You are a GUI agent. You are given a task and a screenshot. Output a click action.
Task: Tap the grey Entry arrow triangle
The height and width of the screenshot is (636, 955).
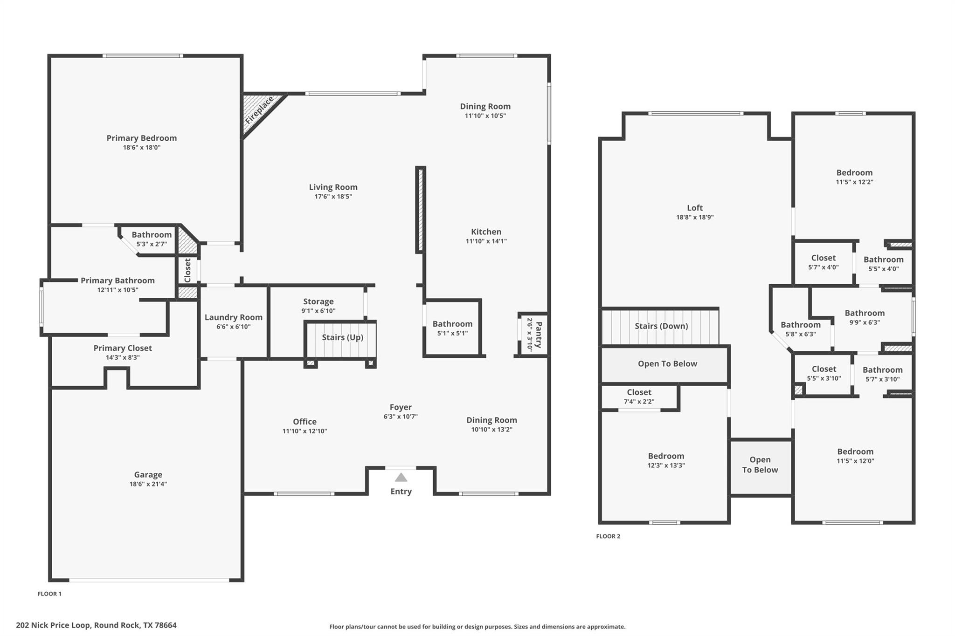click(x=401, y=478)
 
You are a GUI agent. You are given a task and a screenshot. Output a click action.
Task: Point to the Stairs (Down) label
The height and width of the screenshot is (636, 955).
click(x=661, y=326)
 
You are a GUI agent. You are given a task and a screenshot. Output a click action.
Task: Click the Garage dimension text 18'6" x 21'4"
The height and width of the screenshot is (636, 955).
click(x=148, y=484)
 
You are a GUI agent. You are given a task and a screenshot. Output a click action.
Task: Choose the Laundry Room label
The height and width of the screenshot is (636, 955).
click(x=233, y=317)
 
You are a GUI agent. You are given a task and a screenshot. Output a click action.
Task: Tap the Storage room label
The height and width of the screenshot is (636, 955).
click(x=318, y=301)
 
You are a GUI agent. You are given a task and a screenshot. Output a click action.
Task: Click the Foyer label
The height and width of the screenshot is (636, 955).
click(x=401, y=407)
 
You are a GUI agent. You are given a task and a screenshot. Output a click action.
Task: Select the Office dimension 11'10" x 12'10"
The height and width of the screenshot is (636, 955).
click(x=304, y=431)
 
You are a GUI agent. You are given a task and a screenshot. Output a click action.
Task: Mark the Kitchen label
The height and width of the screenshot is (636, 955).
click(x=486, y=232)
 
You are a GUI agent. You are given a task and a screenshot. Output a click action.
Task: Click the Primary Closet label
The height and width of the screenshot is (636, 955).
click(x=123, y=348)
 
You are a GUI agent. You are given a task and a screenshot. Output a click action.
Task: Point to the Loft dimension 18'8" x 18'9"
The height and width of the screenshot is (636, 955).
click(x=695, y=217)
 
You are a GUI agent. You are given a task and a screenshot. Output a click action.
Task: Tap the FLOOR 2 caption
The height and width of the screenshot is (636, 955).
click(x=608, y=536)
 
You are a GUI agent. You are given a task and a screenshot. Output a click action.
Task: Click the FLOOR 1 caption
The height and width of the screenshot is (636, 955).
click(x=49, y=594)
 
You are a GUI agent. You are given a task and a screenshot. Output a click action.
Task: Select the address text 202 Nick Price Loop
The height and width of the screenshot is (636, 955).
click(x=96, y=625)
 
